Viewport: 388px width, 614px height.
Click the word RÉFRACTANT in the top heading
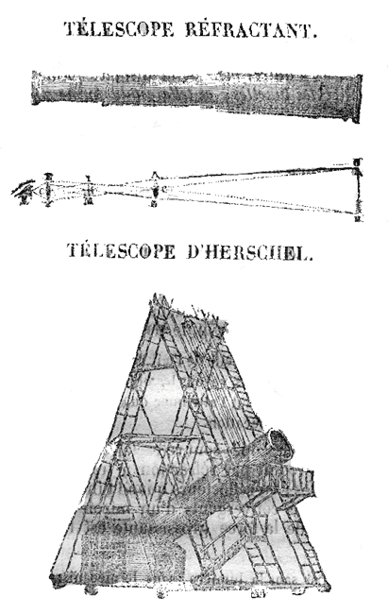(251, 30)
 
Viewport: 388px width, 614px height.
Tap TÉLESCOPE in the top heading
(119, 29)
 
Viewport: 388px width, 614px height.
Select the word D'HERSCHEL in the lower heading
(249, 251)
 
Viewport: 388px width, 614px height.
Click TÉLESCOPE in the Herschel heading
(121, 251)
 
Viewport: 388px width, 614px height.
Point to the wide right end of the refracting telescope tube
(356, 98)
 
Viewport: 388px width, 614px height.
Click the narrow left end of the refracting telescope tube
(36, 88)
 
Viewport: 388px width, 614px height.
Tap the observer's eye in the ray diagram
(25, 192)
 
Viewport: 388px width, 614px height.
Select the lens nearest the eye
(48, 190)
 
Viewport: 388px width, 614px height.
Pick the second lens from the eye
(90, 191)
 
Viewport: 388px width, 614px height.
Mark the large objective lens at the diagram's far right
(357, 191)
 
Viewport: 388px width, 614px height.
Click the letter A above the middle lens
(155, 174)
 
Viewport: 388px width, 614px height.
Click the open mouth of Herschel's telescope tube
(280, 446)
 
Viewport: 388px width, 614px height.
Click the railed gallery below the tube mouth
(291, 483)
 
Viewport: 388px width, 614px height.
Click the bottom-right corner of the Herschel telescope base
(328, 588)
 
